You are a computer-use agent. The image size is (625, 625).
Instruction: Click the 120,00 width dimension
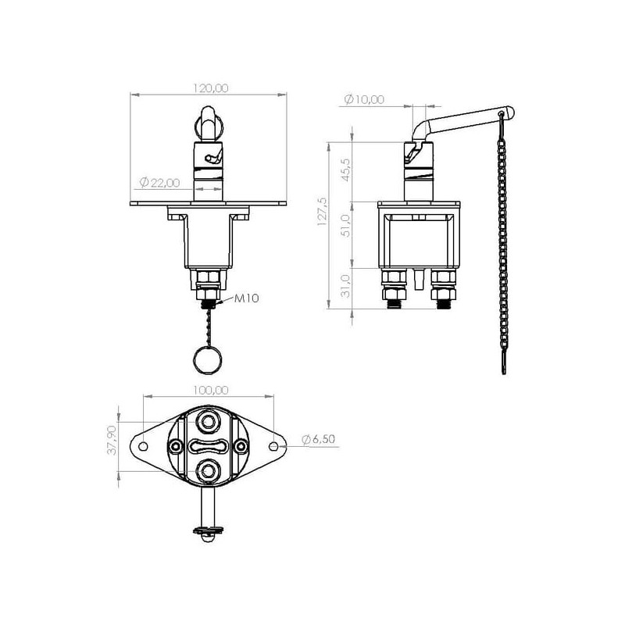(x=211, y=87)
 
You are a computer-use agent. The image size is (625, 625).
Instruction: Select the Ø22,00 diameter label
(x=160, y=183)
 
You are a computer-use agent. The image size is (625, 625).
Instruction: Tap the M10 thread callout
(x=246, y=298)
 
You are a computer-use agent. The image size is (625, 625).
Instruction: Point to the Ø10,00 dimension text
(x=364, y=99)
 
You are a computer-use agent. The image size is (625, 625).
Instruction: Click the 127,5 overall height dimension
(x=322, y=212)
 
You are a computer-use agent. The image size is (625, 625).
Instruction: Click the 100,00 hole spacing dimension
(x=211, y=390)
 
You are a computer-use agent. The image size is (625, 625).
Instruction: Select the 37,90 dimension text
(x=112, y=440)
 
